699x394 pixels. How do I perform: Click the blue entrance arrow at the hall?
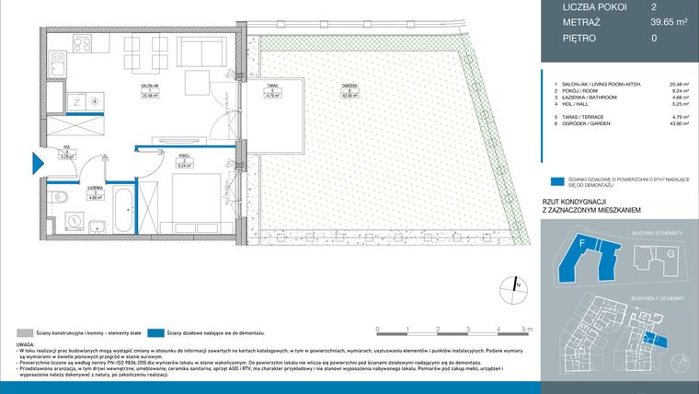(38, 163)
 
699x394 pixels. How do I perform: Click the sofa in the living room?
(199, 51)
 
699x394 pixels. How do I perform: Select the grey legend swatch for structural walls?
(25, 332)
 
